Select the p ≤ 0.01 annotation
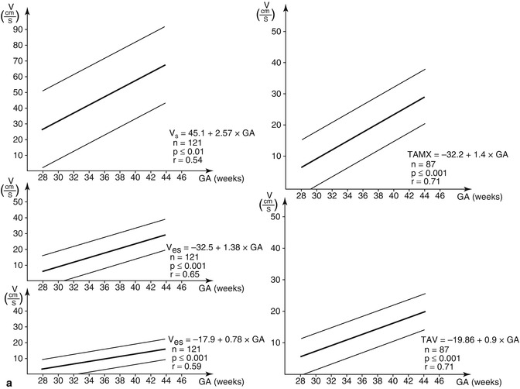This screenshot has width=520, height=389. point(188,151)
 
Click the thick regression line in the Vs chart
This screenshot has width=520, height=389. point(104,97)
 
